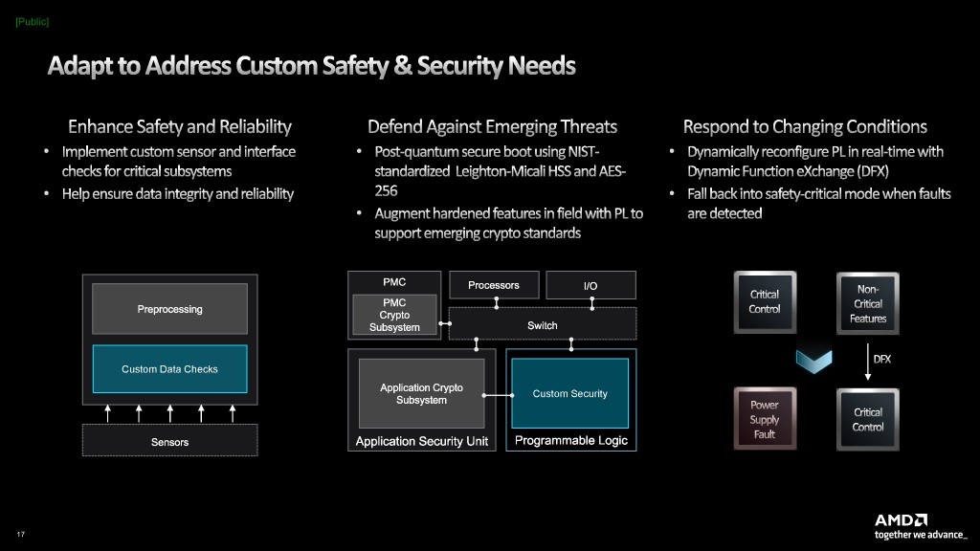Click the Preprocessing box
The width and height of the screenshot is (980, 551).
pos(169,309)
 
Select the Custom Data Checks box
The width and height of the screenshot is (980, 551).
pos(169,369)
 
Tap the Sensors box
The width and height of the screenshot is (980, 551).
pos(169,441)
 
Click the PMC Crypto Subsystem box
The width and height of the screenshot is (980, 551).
pos(394,316)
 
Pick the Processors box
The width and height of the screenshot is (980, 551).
pos(494,285)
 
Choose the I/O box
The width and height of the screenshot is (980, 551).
pos(590,285)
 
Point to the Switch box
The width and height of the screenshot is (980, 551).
pos(543,325)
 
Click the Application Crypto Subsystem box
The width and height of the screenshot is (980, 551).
pos(421,393)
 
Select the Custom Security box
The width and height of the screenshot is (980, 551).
pos(569,393)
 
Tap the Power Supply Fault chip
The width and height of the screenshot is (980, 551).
pos(765,419)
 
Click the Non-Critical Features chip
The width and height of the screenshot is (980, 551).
pos(868,303)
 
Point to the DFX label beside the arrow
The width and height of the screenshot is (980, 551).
pos(881,359)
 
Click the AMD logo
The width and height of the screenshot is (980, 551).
pos(901,519)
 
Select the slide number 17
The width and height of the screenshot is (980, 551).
pos(20,533)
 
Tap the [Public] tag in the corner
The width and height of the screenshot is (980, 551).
pos(33,21)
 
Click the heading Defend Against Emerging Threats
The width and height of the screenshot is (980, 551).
pos(492,126)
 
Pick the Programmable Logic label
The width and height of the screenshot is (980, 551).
pos(571,441)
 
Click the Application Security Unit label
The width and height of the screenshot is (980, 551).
pos(422,441)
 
